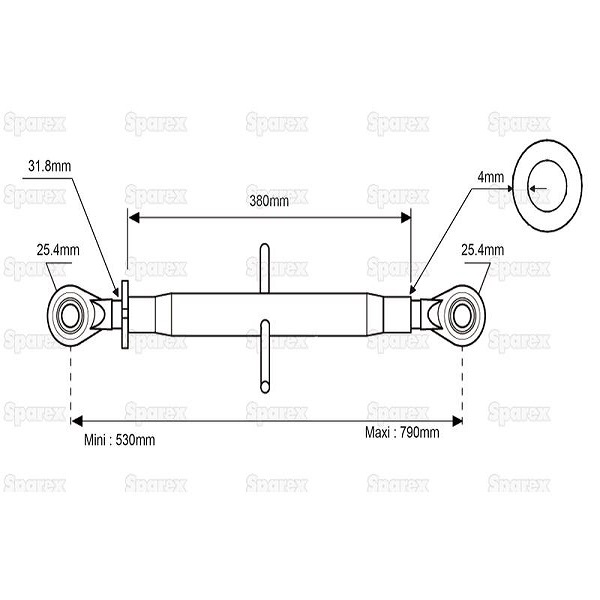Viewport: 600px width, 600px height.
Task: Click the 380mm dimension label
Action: click(269, 201)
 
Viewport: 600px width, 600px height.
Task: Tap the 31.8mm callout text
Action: click(49, 166)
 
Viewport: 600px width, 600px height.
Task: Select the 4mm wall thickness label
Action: click(491, 177)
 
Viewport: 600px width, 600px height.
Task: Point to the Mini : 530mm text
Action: click(119, 440)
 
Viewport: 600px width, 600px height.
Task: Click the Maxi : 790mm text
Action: click(402, 433)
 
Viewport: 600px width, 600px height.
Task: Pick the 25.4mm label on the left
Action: click(58, 250)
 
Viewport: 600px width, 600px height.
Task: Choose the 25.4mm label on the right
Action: click(483, 250)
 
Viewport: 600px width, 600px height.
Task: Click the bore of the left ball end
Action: click(70, 316)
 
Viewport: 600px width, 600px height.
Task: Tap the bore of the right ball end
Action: click(462, 316)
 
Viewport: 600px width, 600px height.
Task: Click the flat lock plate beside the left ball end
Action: click(125, 315)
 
